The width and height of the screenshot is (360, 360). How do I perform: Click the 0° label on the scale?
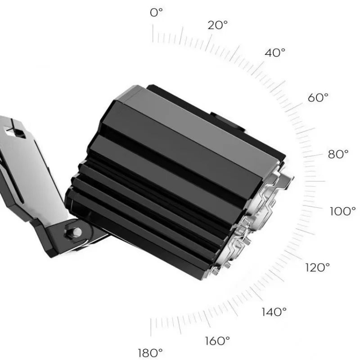click(x=156, y=13)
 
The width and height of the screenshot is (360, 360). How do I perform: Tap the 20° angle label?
click(x=218, y=25)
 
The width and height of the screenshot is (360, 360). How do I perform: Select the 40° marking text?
click(x=275, y=53)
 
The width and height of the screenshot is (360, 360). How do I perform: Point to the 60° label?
click(x=318, y=98)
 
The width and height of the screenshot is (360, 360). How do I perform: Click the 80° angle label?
click(x=338, y=154)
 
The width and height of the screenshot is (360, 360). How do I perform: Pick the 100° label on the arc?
click(x=343, y=211)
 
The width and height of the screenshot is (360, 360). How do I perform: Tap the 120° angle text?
click(x=318, y=267)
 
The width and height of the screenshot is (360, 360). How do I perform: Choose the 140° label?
click(x=274, y=311)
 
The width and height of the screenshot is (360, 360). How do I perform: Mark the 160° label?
click(x=217, y=341)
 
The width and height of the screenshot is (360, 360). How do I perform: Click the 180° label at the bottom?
click(x=150, y=352)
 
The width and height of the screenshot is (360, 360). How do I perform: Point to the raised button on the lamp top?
click(x=230, y=122)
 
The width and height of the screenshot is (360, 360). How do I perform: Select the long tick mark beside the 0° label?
click(x=153, y=33)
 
